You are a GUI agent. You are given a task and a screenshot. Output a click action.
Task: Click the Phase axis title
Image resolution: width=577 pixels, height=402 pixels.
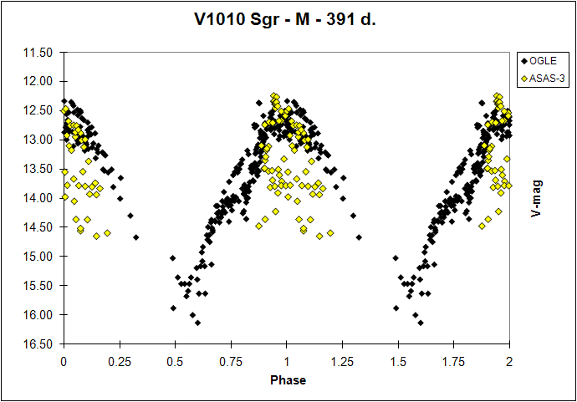(287, 380)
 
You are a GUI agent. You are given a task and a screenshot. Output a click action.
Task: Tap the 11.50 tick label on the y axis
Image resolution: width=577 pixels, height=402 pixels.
(39, 53)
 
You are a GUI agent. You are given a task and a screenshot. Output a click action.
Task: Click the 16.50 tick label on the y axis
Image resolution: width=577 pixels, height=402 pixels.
(39, 343)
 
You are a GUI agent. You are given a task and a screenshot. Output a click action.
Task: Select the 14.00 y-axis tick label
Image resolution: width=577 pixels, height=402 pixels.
(39, 198)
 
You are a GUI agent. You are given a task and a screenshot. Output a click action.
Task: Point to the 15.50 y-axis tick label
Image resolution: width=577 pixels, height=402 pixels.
(39, 286)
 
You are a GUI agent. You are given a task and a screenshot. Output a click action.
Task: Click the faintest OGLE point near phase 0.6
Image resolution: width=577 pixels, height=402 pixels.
(197, 323)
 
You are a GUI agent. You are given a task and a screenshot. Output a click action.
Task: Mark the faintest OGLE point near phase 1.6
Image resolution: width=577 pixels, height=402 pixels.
(420, 323)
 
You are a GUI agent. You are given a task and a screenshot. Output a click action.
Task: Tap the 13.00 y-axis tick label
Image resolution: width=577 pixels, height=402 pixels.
(39, 140)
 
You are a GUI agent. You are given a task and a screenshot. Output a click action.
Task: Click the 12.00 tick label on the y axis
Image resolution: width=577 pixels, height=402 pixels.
(39, 82)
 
